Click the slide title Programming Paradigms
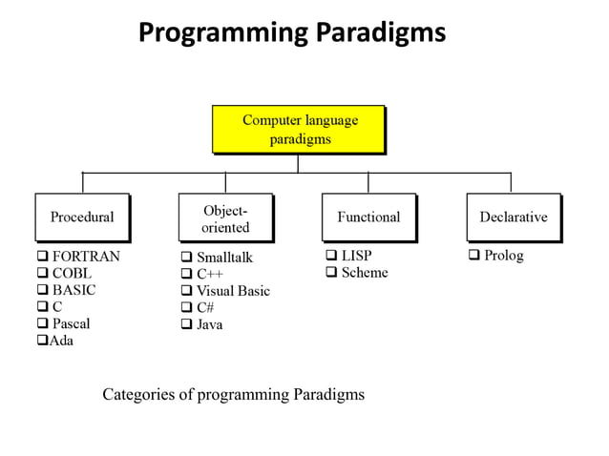pyautogui.click(x=291, y=32)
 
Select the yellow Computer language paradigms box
pyautogui.click(x=299, y=129)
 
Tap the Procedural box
pyautogui.click(x=82, y=218)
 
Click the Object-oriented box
pyautogui.click(x=226, y=218)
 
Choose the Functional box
pyautogui.click(x=368, y=218)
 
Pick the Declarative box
pyautogui.click(x=514, y=218)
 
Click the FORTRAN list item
pyautogui.click(x=86, y=257)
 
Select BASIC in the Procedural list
pyautogui.click(x=73, y=290)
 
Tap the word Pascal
pyautogui.click(x=71, y=323)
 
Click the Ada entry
pyautogui.click(x=61, y=341)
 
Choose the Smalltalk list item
pyautogui.click(x=224, y=258)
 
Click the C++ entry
pyautogui.click(x=209, y=275)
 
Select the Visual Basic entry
pyautogui.click(x=233, y=291)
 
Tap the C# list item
pyautogui.click(x=205, y=307)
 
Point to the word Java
pyautogui.click(x=209, y=324)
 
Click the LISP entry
pyautogui.click(x=356, y=256)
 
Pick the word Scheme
pyautogui.click(x=365, y=273)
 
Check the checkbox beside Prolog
pyautogui.click(x=473, y=256)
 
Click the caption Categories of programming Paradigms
pyautogui.click(x=233, y=394)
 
